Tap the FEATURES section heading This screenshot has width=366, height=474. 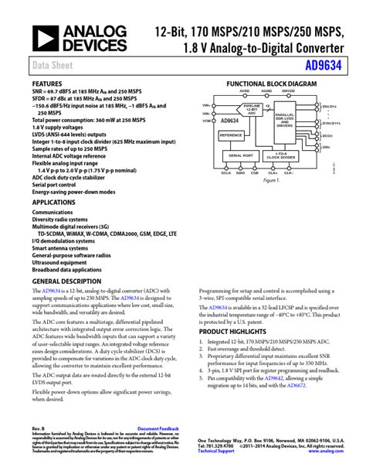[x=47, y=83]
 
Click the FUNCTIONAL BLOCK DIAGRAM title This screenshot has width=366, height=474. [x=271, y=83]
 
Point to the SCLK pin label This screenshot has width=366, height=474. [x=225, y=173]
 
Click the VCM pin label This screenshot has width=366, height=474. [x=206, y=121]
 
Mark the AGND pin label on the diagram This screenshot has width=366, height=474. [x=267, y=90]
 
